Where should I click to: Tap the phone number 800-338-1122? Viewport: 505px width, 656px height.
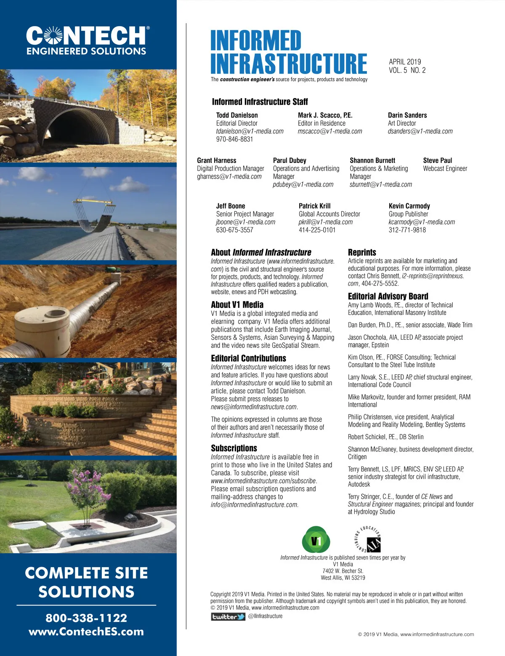[x=86, y=618]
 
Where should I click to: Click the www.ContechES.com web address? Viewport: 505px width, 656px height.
[x=86, y=632]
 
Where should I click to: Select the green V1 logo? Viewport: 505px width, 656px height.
[x=316, y=540]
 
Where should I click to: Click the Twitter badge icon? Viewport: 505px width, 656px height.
[x=228, y=616]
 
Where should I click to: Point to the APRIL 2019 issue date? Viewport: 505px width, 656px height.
[x=405, y=62]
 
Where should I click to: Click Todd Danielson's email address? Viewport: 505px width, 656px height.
[x=250, y=131]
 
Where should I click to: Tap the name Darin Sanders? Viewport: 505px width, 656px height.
[x=407, y=115]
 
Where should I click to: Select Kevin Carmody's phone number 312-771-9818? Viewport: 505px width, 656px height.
[x=407, y=230]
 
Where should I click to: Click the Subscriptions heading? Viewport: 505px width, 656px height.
[x=234, y=448]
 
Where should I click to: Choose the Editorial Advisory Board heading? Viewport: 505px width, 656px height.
[x=388, y=296]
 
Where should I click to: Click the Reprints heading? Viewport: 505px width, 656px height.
[x=362, y=253]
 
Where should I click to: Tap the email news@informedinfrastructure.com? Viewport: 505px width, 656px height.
[x=254, y=407]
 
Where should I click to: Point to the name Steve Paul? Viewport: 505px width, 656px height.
[x=437, y=160]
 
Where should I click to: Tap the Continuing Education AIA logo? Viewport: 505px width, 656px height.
[x=369, y=540]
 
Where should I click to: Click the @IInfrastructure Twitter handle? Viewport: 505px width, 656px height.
[x=266, y=616]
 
